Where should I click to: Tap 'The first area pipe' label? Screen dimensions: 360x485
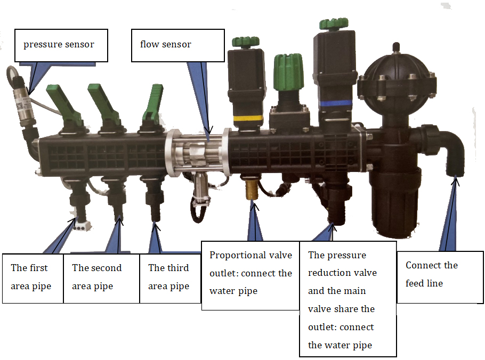coord(33,277)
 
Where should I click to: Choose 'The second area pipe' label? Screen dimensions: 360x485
coord(101,277)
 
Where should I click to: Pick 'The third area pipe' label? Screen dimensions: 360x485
coord(169,277)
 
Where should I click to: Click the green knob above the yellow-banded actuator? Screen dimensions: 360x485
coord(245,42)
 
